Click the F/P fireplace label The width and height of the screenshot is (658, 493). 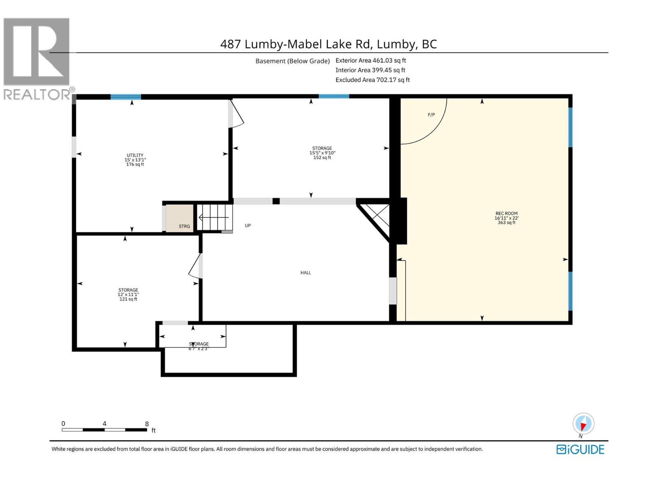(x=431, y=115)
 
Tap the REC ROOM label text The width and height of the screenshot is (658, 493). (x=506, y=213)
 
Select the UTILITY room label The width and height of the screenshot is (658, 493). (x=135, y=155)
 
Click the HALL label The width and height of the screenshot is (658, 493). (x=306, y=273)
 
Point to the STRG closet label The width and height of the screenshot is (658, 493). (x=184, y=226)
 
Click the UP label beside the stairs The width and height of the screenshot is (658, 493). (x=248, y=226)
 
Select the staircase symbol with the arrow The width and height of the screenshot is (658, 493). (x=214, y=217)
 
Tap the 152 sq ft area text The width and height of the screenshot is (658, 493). (x=322, y=158)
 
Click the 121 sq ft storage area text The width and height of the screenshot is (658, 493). (x=128, y=299)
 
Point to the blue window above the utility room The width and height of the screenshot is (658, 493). (x=126, y=97)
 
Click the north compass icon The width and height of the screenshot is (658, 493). (x=583, y=424)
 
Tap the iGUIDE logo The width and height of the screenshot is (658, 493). (x=580, y=449)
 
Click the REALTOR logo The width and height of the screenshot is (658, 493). (x=37, y=58)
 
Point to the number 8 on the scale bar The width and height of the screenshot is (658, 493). (x=147, y=424)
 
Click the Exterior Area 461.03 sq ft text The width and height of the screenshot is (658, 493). (x=371, y=60)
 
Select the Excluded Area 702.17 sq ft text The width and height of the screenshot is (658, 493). (x=372, y=80)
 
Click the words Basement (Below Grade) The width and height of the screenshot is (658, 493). (x=292, y=61)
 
